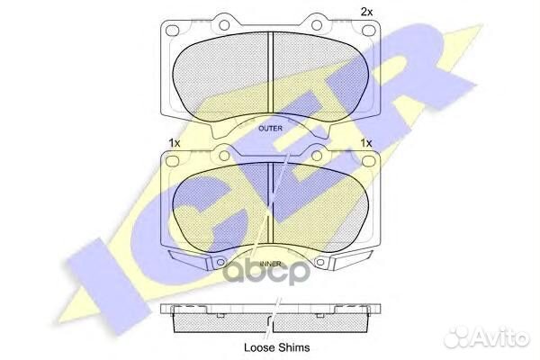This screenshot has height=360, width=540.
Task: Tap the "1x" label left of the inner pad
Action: [x=174, y=143]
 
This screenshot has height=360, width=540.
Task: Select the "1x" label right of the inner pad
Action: [x=366, y=143]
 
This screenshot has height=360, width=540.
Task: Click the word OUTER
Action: [x=270, y=129]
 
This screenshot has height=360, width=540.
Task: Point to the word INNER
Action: [x=270, y=265]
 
